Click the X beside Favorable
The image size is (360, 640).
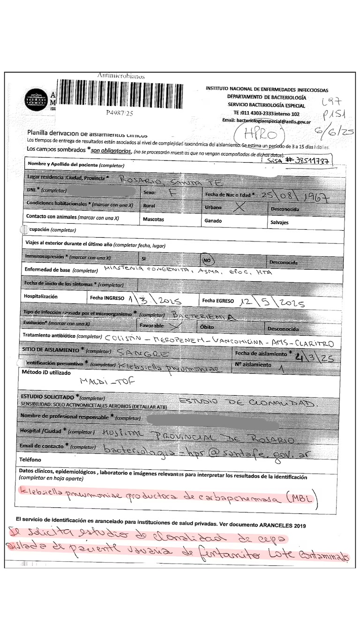pyautogui.click(x=176, y=324)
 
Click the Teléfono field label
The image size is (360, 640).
pyautogui.click(x=30, y=459)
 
